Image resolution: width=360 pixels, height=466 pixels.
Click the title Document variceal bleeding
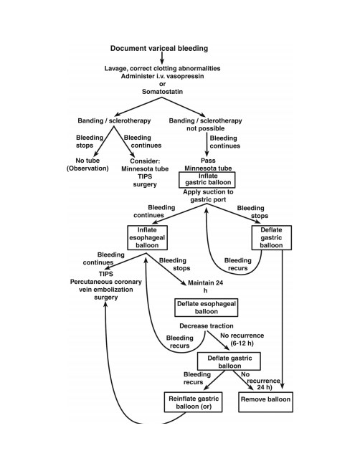coord(159,48)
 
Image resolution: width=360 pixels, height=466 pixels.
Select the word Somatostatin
coord(162,92)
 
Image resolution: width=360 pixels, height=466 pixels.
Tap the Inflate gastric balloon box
coord(207,180)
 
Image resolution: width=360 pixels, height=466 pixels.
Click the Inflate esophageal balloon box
coord(148,237)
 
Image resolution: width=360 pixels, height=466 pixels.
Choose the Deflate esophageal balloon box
coord(207,308)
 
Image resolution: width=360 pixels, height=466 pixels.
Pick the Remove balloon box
coord(266,401)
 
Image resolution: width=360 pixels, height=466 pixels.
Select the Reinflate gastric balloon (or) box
coord(193,401)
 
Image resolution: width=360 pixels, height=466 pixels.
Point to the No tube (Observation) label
coord(87,164)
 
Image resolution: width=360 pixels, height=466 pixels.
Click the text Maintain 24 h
coord(205,287)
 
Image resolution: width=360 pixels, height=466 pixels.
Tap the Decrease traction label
coord(207,325)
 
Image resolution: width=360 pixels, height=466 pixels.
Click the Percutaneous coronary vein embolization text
coord(106,285)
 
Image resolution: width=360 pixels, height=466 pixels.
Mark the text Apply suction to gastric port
coord(208,196)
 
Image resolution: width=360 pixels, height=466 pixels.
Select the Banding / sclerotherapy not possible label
coord(205,125)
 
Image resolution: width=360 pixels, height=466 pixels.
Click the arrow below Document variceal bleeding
coord(162,58)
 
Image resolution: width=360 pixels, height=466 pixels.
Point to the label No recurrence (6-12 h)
coord(242,339)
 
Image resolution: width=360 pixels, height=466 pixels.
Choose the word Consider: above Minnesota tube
coord(145,161)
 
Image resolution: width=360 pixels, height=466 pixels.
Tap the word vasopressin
coord(186,76)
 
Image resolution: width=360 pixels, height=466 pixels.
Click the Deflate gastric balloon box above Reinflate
coord(229,361)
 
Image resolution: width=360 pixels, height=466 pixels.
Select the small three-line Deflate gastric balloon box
coord(271,237)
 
